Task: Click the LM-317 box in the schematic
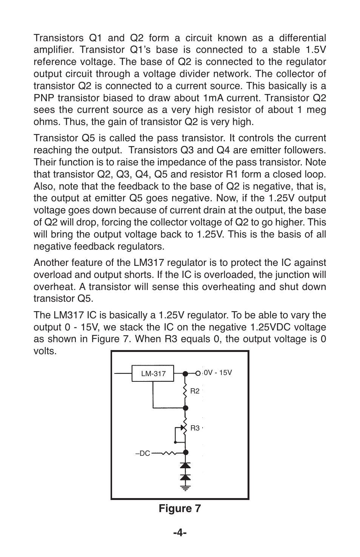pos(153,373)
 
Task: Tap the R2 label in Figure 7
pos(195,391)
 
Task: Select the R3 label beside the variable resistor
pos(195,428)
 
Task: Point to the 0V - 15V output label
pos(218,373)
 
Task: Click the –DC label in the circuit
pos(143,453)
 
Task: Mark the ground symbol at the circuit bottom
pos(185,488)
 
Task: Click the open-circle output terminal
pos(198,373)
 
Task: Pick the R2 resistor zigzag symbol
pos(185,390)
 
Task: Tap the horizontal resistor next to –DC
pos(168,453)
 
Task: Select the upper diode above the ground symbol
pos(185,466)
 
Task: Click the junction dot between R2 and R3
pos(185,408)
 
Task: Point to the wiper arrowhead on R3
pos(183,428)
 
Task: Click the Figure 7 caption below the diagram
pos(180,509)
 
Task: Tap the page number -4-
pos(180,533)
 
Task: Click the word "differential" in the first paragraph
pos(302,38)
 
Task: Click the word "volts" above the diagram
pos(45,351)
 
